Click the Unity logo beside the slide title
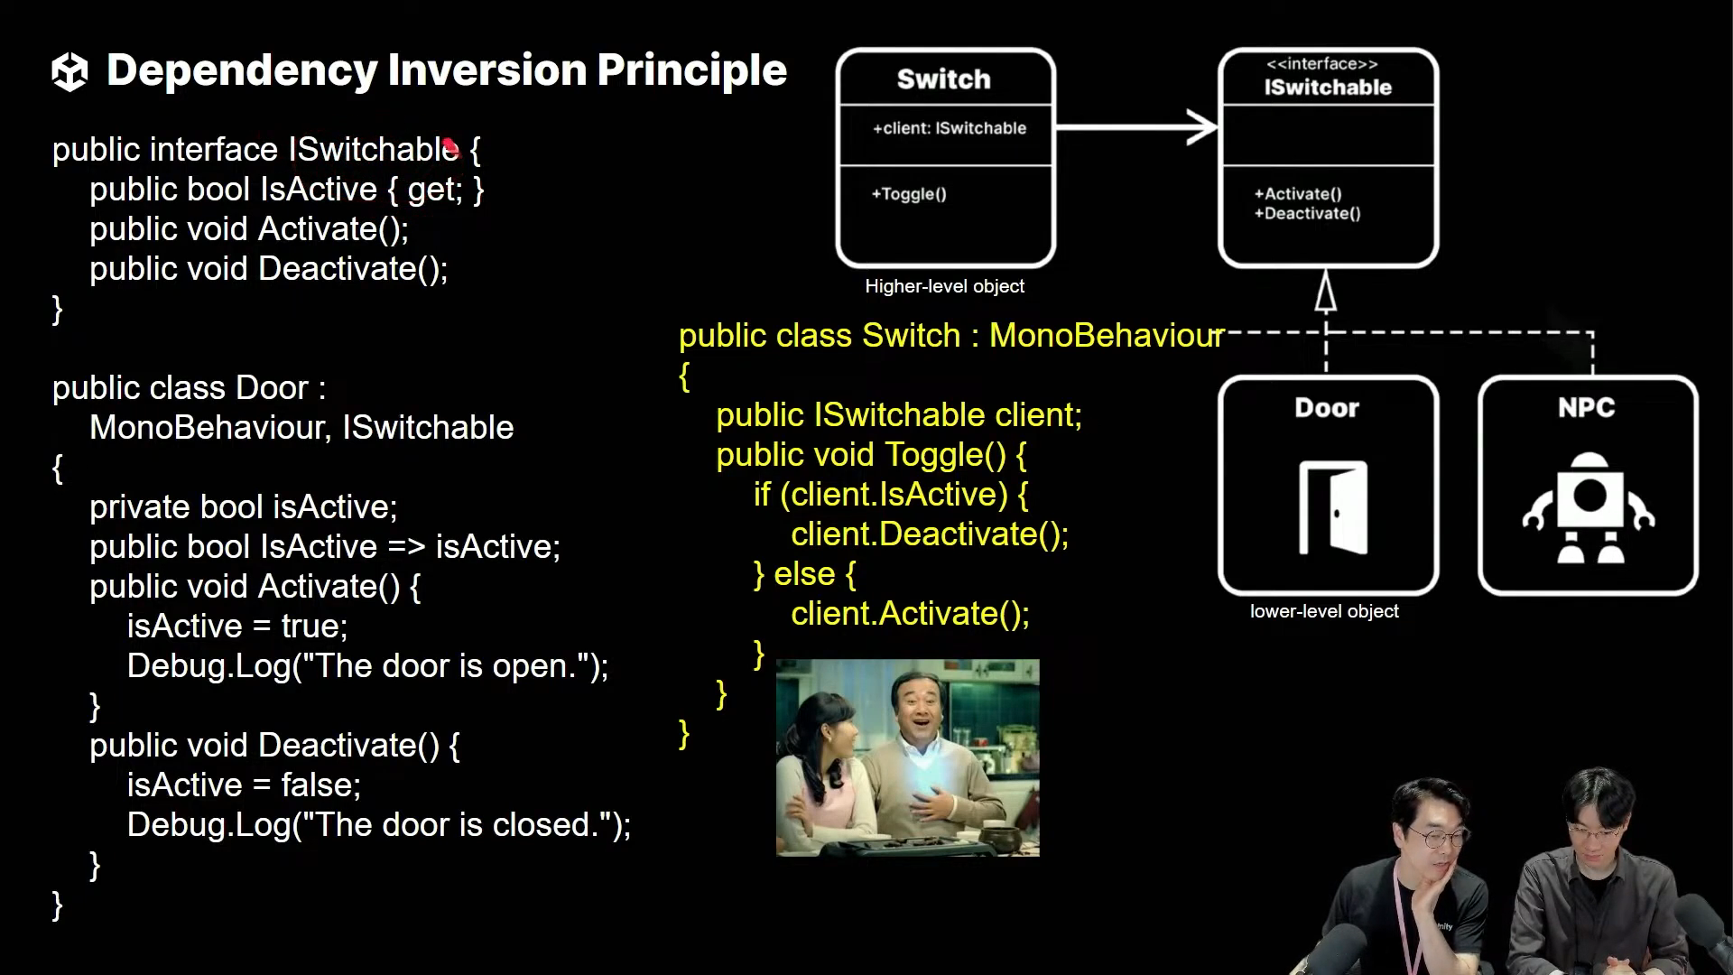pyautogui.click(x=70, y=71)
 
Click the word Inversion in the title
pyautogui.click(x=487, y=70)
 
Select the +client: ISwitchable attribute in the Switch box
pyautogui.click(x=949, y=128)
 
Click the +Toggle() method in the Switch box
pyautogui.click(x=909, y=194)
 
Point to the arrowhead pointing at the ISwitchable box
pyautogui.click(x=1203, y=127)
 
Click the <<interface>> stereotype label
pyautogui.click(x=1321, y=64)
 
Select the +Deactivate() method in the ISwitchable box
pyautogui.click(x=1307, y=214)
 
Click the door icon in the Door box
pyautogui.click(x=1333, y=508)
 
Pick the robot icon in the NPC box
pyautogui.click(x=1589, y=508)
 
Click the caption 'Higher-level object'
pyautogui.click(x=944, y=286)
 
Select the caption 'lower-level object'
pyautogui.click(x=1324, y=611)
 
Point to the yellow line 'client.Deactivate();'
pyautogui.click(x=930, y=534)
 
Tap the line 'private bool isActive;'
pyautogui.click(x=243, y=507)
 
